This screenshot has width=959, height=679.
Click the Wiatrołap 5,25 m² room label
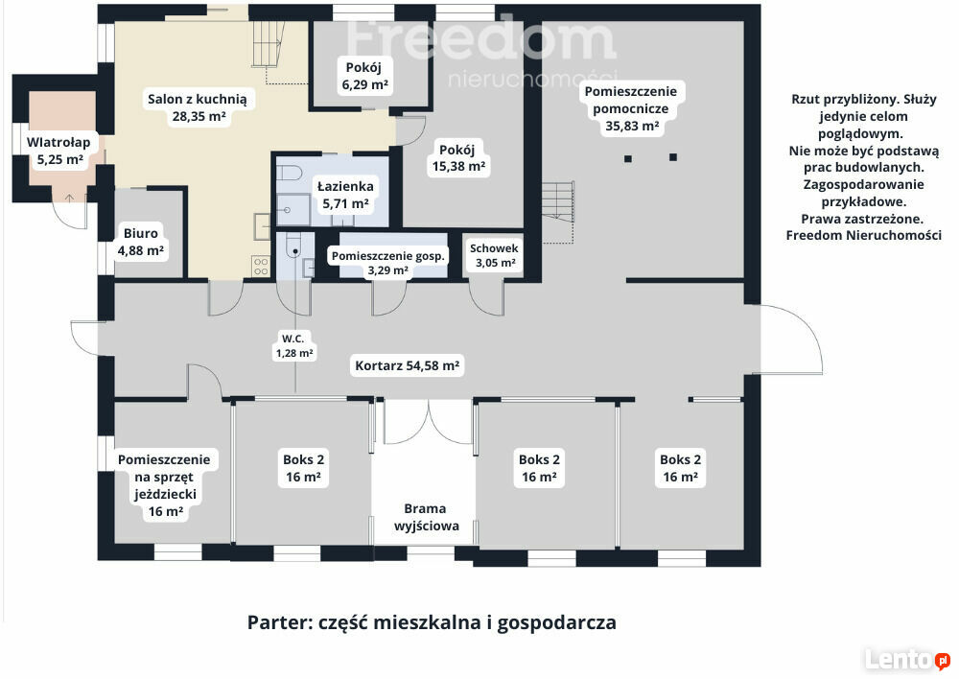(x=58, y=152)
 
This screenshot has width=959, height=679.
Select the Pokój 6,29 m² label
(x=363, y=76)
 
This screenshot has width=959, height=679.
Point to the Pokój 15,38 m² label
(x=458, y=157)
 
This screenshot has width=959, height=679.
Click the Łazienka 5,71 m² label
(x=345, y=195)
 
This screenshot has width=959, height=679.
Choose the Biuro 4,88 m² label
(x=141, y=242)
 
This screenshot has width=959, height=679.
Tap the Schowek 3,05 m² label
(x=494, y=255)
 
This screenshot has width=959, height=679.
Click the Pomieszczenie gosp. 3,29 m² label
(x=388, y=263)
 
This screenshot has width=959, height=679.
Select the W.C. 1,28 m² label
(x=293, y=345)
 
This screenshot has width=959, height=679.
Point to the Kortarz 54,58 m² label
(x=408, y=365)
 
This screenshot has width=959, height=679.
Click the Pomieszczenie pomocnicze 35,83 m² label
(x=631, y=109)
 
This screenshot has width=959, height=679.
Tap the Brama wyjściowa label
(x=427, y=517)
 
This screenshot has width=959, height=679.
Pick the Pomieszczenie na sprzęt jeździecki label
(x=164, y=485)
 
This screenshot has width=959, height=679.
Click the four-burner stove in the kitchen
(x=261, y=266)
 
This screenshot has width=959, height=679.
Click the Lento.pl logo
(x=907, y=660)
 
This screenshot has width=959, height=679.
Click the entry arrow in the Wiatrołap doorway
(x=70, y=198)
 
